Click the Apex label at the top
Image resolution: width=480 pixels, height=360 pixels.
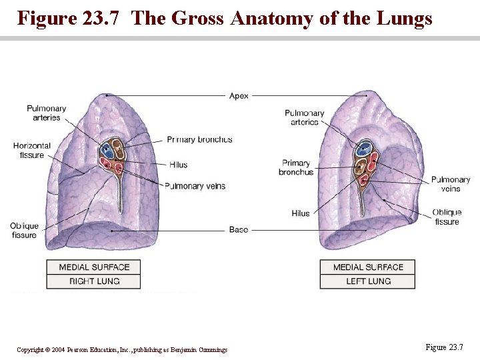(x=239, y=96)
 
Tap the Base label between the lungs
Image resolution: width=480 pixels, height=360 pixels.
(x=238, y=229)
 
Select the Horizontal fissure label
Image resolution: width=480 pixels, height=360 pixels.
(x=31, y=151)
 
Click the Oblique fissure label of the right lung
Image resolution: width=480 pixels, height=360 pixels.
(x=24, y=231)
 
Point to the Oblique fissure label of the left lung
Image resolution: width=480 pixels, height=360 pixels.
(x=447, y=217)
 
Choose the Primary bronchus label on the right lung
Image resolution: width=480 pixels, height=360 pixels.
(x=199, y=139)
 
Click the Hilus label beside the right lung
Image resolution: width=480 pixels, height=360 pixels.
(x=178, y=165)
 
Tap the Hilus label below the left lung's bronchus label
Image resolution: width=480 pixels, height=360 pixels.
(x=301, y=213)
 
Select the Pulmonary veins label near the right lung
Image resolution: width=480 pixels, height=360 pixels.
(x=195, y=186)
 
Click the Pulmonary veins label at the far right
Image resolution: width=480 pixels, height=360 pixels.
(x=451, y=184)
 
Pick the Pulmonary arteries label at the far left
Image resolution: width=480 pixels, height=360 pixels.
(x=46, y=113)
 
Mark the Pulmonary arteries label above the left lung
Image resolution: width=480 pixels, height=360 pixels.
(x=304, y=117)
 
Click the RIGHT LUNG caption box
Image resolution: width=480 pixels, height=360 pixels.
(x=94, y=281)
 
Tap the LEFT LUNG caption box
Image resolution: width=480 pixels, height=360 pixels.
(x=368, y=281)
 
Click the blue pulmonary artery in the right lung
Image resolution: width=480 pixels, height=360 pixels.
(x=106, y=149)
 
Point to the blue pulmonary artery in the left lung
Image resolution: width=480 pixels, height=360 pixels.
(x=364, y=149)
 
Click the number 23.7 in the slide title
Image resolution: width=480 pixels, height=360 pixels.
(x=103, y=18)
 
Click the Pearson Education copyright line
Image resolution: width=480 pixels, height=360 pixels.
(x=122, y=350)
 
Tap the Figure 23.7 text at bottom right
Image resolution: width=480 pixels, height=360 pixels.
(x=443, y=347)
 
